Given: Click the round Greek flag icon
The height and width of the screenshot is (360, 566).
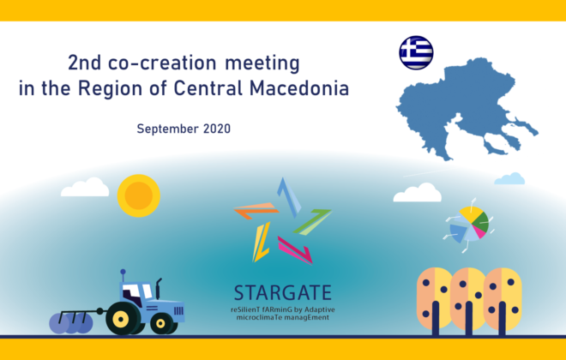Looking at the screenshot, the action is (x=416, y=52).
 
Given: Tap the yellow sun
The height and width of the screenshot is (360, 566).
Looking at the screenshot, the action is (x=139, y=195).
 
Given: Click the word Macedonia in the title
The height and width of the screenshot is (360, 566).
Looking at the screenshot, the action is (x=299, y=88).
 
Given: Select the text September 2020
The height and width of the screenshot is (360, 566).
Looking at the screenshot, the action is (x=184, y=129).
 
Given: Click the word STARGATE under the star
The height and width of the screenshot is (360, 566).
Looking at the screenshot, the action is (x=283, y=293).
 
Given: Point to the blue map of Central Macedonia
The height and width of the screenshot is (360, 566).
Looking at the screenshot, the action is (x=466, y=108).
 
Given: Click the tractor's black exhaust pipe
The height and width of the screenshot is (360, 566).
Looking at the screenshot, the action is (x=158, y=288).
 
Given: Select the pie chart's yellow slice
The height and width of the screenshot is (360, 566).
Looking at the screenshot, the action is (x=471, y=214).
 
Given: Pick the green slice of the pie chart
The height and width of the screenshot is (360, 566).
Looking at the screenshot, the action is (x=481, y=222).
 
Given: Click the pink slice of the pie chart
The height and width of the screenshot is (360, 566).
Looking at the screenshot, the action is (x=479, y=232).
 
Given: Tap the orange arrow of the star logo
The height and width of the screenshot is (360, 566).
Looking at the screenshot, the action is (x=256, y=211).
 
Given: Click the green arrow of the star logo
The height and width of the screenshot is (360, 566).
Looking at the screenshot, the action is (x=313, y=221).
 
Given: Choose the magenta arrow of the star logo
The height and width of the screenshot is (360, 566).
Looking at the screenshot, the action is (x=295, y=250).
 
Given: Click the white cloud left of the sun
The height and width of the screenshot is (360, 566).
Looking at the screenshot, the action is (x=85, y=187).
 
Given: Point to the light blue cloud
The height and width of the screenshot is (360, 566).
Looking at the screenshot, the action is (x=509, y=179).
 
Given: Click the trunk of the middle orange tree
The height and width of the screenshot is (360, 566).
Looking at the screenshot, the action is (x=468, y=317).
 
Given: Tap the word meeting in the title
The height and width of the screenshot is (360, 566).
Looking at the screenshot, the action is (x=262, y=63).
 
